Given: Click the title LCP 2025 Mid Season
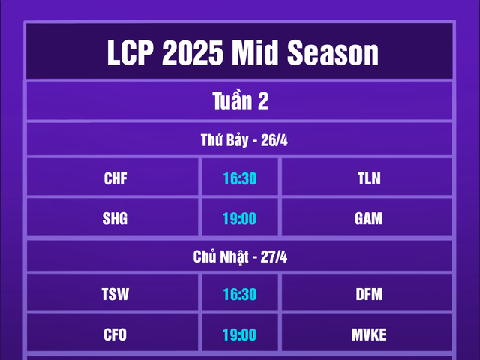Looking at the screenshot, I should point(240,53).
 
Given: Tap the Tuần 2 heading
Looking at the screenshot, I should point(240,101).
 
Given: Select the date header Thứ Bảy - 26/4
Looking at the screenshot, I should point(240,141).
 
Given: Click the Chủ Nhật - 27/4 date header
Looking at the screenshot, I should point(240,256).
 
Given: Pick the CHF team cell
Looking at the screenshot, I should point(115,178).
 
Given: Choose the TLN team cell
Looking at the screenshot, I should point(369,178).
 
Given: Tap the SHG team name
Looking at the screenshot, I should point(115,218).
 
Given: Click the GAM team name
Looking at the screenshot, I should point(369,218).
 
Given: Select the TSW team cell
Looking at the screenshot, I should point(115,295).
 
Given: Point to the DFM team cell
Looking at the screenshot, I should point(369,295).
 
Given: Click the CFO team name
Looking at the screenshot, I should point(115,334).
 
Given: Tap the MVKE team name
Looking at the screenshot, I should point(369,334).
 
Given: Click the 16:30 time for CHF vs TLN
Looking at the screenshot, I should point(240,178).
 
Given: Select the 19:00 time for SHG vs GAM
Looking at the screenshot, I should point(240,218).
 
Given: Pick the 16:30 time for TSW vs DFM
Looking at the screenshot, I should point(240,295).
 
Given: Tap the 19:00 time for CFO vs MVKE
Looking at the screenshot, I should point(240,334).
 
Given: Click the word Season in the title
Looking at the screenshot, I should point(331,53).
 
